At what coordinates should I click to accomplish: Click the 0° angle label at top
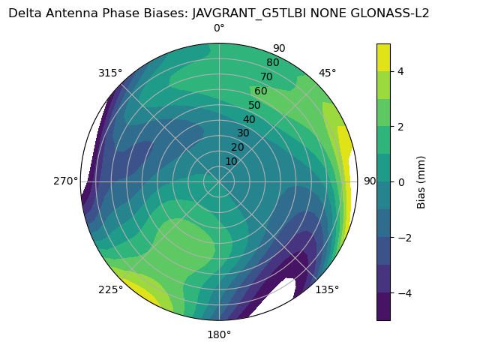[219, 28]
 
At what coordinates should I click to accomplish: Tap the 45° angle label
[328, 73]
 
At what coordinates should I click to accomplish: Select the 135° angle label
[327, 289]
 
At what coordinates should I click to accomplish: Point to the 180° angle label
[219, 334]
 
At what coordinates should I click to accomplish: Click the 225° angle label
[110, 290]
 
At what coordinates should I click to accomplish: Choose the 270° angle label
[65, 181]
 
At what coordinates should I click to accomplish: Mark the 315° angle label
[110, 73]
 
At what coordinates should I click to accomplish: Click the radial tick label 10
[231, 161]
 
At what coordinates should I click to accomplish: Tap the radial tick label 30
[243, 133]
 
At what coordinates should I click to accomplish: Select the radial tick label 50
[255, 106]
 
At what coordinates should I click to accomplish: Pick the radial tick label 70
[266, 76]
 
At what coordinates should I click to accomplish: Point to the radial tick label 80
[272, 62]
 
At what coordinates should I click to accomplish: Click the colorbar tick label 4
[400, 71]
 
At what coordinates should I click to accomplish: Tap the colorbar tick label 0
[400, 181]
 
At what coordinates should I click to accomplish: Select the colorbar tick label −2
[403, 238]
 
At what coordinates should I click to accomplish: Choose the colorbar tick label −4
[403, 293]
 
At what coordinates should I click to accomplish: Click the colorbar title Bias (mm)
[421, 181]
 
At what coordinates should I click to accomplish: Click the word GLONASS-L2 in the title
[393, 13]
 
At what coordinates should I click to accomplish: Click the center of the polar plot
[219, 181]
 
